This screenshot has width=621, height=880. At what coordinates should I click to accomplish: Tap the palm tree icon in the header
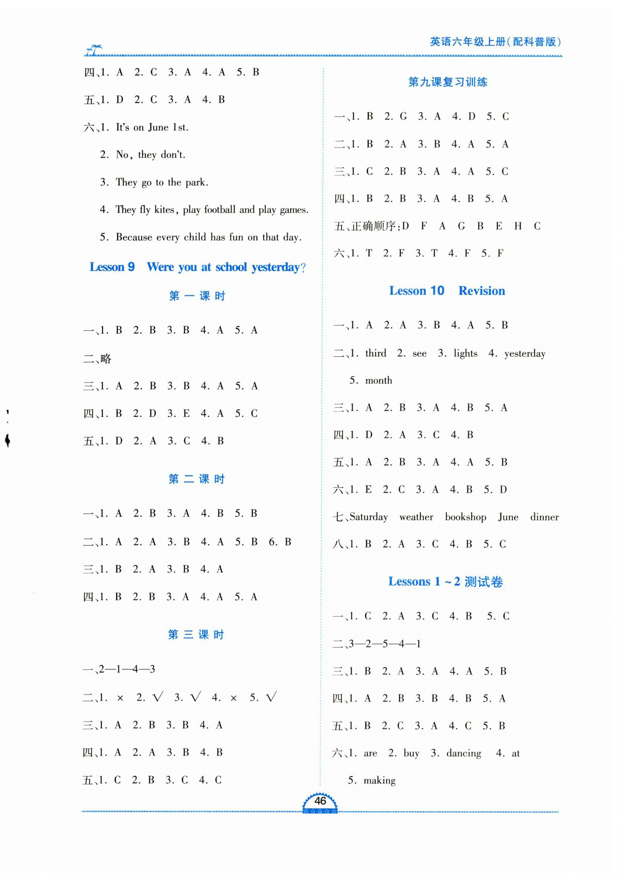point(94,50)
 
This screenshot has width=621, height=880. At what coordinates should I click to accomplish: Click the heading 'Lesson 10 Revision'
point(447,291)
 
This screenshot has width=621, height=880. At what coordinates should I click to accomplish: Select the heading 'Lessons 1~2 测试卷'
point(445,582)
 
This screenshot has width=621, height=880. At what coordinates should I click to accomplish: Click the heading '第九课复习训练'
point(447,82)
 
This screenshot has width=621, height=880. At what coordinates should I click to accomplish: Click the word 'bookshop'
point(465,517)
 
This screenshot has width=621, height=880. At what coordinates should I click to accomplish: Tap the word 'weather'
point(416,517)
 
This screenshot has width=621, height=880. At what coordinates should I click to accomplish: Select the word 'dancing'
point(463,753)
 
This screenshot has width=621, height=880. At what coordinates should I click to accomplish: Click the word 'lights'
point(465,353)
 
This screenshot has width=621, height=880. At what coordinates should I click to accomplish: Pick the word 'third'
point(376,353)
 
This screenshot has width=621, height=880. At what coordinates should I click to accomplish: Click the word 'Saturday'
point(368,517)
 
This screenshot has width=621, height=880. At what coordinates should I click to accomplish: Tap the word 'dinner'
point(544,517)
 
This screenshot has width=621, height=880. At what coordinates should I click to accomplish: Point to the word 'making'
point(379,780)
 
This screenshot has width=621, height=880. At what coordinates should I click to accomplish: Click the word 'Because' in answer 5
point(134,237)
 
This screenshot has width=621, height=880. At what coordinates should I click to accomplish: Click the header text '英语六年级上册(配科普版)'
point(495,42)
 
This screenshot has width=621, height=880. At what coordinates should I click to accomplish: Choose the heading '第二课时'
point(197,479)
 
